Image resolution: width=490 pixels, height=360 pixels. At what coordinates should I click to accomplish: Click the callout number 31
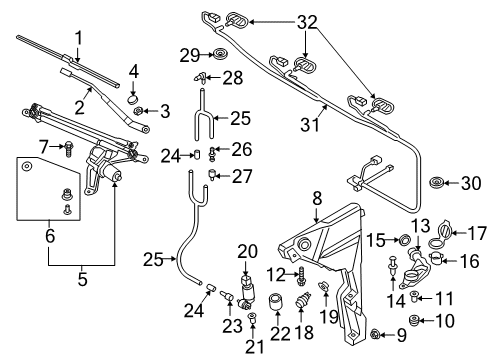click(310, 125)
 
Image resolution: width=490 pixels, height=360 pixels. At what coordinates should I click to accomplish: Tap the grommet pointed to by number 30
click(436, 183)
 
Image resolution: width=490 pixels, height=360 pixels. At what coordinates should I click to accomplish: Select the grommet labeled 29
click(219, 54)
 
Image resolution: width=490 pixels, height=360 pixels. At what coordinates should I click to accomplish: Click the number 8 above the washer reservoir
click(317, 198)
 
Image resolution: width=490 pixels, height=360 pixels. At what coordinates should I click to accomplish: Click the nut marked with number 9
click(375, 333)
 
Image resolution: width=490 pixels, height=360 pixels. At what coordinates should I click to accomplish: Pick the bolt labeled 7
click(69, 149)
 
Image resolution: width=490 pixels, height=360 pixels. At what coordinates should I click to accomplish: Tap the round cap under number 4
click(133, 98)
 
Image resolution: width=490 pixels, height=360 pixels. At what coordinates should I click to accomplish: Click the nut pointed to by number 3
click(138, 110)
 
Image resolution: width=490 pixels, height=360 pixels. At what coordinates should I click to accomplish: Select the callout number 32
click(307, 22)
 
